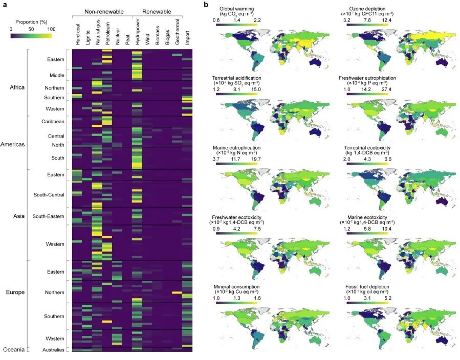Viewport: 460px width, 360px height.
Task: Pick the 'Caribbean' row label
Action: click(x=53, y=121)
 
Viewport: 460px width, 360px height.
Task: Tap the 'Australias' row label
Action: click(x=53, y=350)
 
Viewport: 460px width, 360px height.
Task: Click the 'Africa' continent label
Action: click(x=17, y=87)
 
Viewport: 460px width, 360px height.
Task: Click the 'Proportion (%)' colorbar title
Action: click(x=31, y=22)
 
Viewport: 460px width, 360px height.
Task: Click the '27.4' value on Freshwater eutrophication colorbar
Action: click(x=387, y=90)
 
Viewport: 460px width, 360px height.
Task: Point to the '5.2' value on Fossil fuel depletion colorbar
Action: click(x=387, y=297)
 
